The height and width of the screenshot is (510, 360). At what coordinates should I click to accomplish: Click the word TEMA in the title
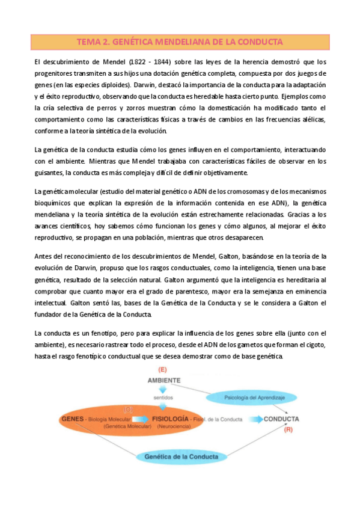point(89,42)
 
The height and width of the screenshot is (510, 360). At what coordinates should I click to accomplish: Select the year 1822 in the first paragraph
point(137,62)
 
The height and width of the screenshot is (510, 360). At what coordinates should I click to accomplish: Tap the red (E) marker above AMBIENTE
point(162,369)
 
